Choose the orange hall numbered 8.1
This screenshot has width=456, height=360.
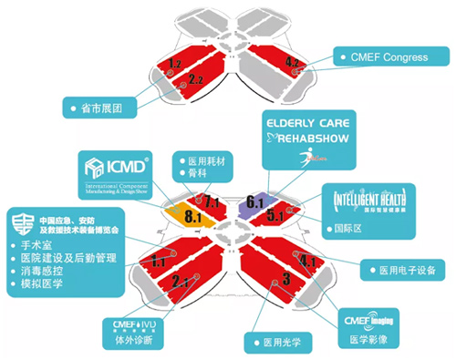point(194,218)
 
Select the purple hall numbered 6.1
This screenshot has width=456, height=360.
point(254,201)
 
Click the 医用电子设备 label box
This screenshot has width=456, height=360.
point(403,270)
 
